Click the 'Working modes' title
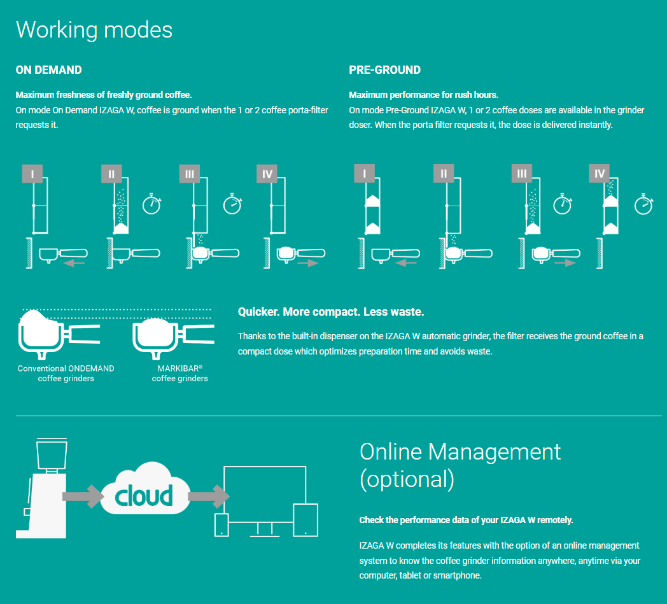tap(94, 30)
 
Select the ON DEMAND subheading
tap(48, 70)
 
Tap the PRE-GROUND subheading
tap(384, 70)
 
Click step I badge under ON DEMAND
tap(32, 174)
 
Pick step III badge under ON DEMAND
tap(189, 174)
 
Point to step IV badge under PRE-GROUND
tap(599, 174)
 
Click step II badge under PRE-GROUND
tap(443, 174)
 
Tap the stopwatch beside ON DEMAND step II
tap(152, 204)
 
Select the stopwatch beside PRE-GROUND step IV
tap(643, 204)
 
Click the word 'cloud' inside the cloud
tap(144, 495)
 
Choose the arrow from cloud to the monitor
tap(209, 496)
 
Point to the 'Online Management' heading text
tap(460, 451)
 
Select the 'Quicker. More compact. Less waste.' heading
tap(331, 312)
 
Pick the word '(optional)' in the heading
tap(407, 479)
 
